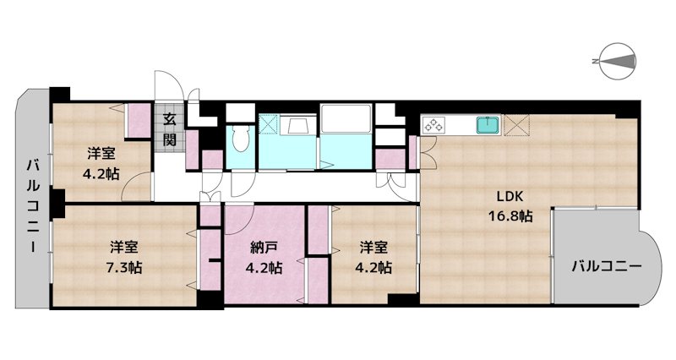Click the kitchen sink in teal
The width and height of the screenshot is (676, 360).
(x=488, y=125)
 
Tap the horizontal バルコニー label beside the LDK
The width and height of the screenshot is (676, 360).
(x=606, y=267)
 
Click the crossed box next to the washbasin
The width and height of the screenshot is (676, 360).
(x=269, y=125)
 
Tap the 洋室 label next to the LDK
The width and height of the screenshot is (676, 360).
(x=373, y=248)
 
